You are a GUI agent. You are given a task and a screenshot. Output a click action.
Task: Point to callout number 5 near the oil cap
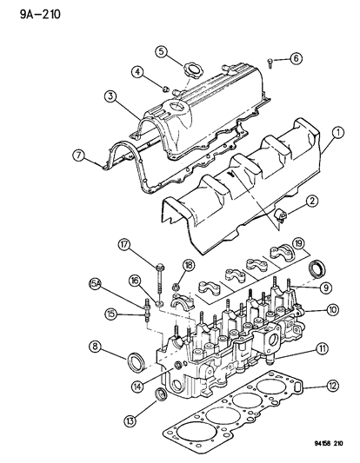(161, 51)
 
